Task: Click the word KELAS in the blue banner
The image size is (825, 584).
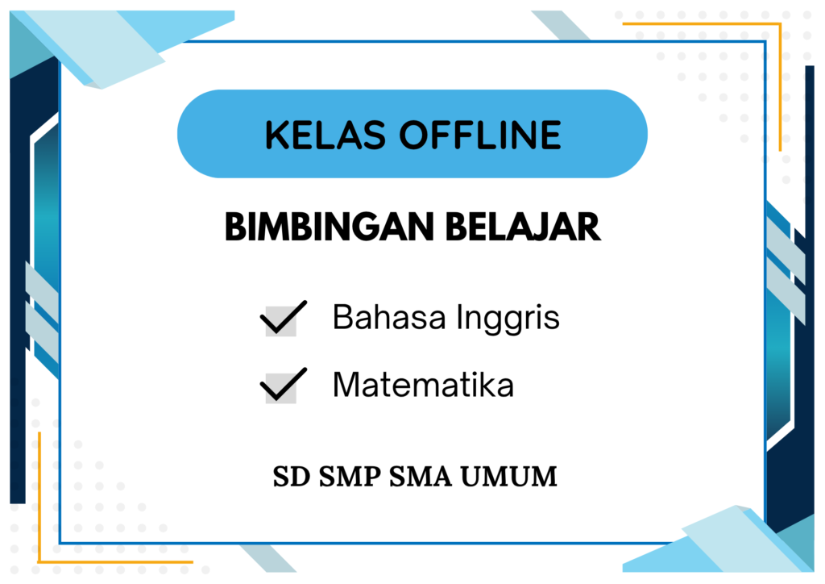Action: pos(325,135)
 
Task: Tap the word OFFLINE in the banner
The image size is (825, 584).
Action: pos(480,135)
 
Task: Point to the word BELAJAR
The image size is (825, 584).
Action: pos(523,227)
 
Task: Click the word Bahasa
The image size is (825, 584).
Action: pos(389,317)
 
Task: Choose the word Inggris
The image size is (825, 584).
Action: pos(508,319)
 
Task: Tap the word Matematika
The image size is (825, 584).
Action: pos(423,385)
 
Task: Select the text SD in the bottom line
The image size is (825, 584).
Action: pos(292,477)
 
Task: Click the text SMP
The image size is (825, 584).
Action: pos(350,477)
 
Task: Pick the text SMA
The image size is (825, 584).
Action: pos(421,477)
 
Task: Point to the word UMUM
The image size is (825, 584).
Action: pos(509,477)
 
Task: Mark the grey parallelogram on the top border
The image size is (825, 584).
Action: pos(561,25)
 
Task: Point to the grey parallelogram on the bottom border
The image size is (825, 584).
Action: pos(268,558)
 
